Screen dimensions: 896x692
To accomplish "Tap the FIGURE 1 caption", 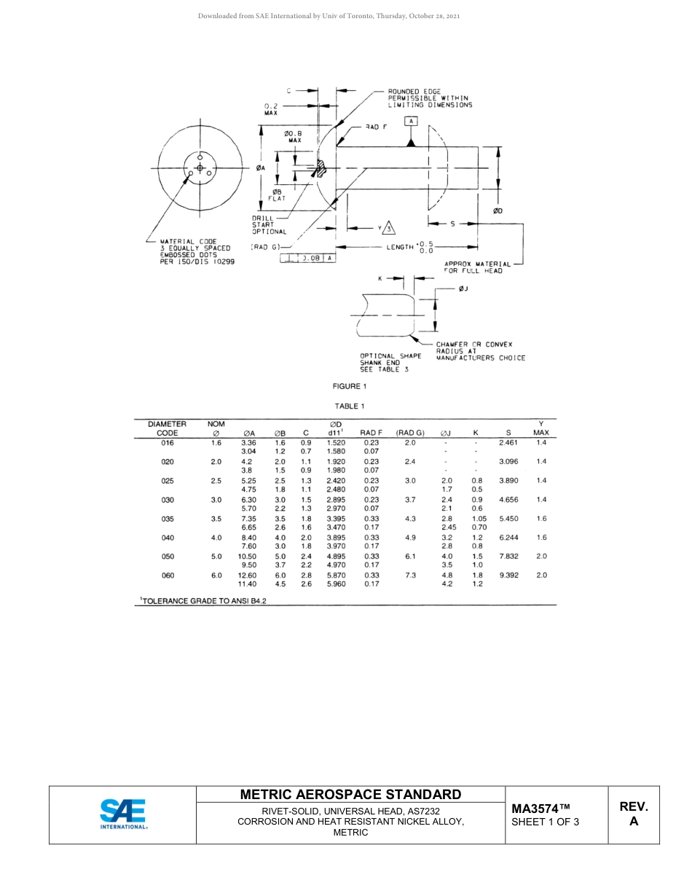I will (x=350, y=386).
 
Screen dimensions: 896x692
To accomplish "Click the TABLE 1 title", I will (x=350, y=406).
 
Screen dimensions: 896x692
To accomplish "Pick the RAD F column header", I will (x=371, y=433).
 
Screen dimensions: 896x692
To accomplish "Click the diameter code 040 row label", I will (x=168, y=538).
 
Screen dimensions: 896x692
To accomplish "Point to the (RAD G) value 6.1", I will (x=409, y=557).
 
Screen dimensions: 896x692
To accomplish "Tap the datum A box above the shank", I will (x=411, y=121).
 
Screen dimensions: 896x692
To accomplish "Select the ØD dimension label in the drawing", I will (x=498, y=211).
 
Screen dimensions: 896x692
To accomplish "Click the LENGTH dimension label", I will (x=400, y=248).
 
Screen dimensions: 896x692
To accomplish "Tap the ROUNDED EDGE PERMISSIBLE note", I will (x=429, y=98).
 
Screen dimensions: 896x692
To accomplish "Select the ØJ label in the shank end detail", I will (x=463, y=289).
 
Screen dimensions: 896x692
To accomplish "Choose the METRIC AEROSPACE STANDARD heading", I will (x=350, y=795).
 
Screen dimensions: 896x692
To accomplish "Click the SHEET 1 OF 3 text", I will (x=545, y=822).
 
